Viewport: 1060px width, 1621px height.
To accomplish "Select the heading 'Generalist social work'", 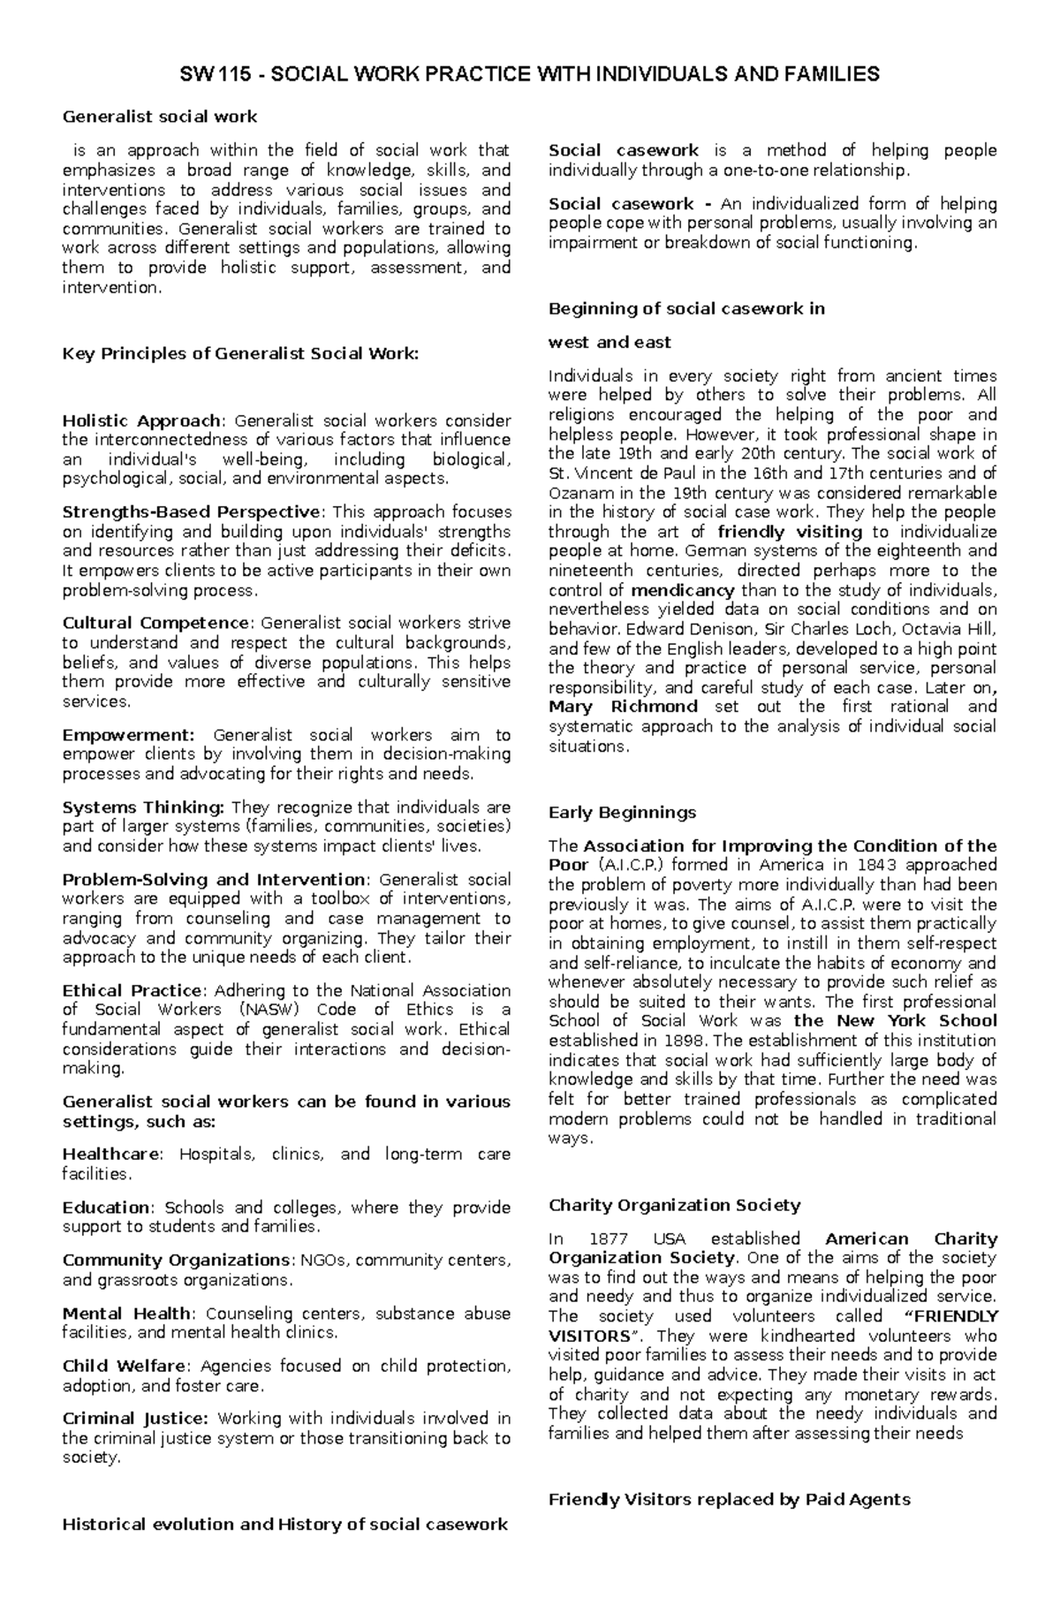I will pos(159,117).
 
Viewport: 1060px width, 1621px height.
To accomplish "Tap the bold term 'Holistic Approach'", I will pos(140,420).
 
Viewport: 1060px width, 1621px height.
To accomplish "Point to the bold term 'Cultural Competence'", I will pos(155,624).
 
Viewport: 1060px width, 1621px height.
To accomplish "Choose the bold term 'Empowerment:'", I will pos(127,735).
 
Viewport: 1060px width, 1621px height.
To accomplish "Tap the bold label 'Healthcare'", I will pos(111,1155).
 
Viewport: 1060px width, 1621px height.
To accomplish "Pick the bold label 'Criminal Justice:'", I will pos(134,1419).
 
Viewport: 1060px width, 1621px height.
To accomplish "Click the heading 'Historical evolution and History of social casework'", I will pos(284,1524).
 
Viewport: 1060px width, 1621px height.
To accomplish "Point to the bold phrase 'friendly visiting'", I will pos(790,532).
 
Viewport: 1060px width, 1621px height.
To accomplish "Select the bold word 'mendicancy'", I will pos(683,590).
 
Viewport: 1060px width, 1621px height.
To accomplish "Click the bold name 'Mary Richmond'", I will pos(623,707).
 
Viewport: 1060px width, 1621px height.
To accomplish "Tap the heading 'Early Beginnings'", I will pos(622,813).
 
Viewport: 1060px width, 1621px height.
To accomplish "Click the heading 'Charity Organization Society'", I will pos(674,1206).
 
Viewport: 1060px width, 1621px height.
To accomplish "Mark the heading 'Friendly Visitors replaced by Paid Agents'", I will pos(729,1499).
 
